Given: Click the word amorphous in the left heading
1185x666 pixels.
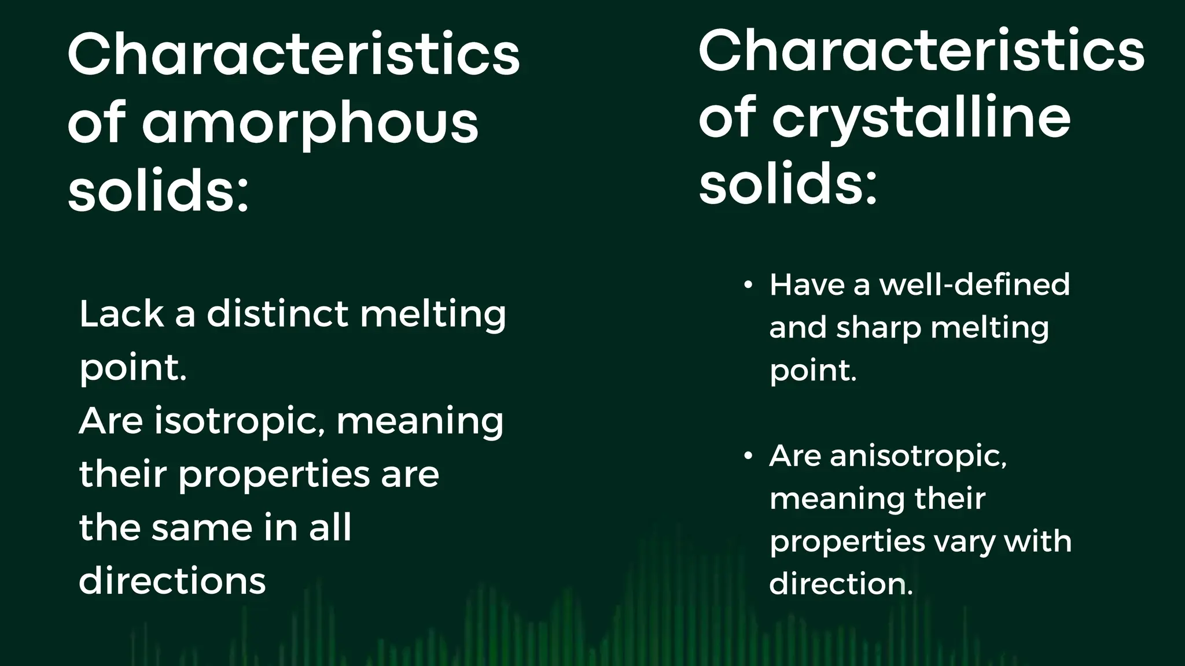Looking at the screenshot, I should pos(310,123).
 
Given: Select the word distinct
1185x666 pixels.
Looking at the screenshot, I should pos(278,314).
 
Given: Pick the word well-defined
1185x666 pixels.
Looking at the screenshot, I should pos(974,285).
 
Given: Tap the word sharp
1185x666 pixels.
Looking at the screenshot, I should pos(879,328).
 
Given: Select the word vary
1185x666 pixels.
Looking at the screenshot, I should pos(965,542).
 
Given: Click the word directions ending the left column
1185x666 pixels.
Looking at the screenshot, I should pos(172,581).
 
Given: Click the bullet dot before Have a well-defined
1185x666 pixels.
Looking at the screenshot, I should pos(748,285).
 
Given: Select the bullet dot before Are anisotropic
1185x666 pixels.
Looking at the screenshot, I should pos(748,456).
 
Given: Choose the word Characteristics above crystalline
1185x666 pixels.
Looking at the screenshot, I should pos(921,50).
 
